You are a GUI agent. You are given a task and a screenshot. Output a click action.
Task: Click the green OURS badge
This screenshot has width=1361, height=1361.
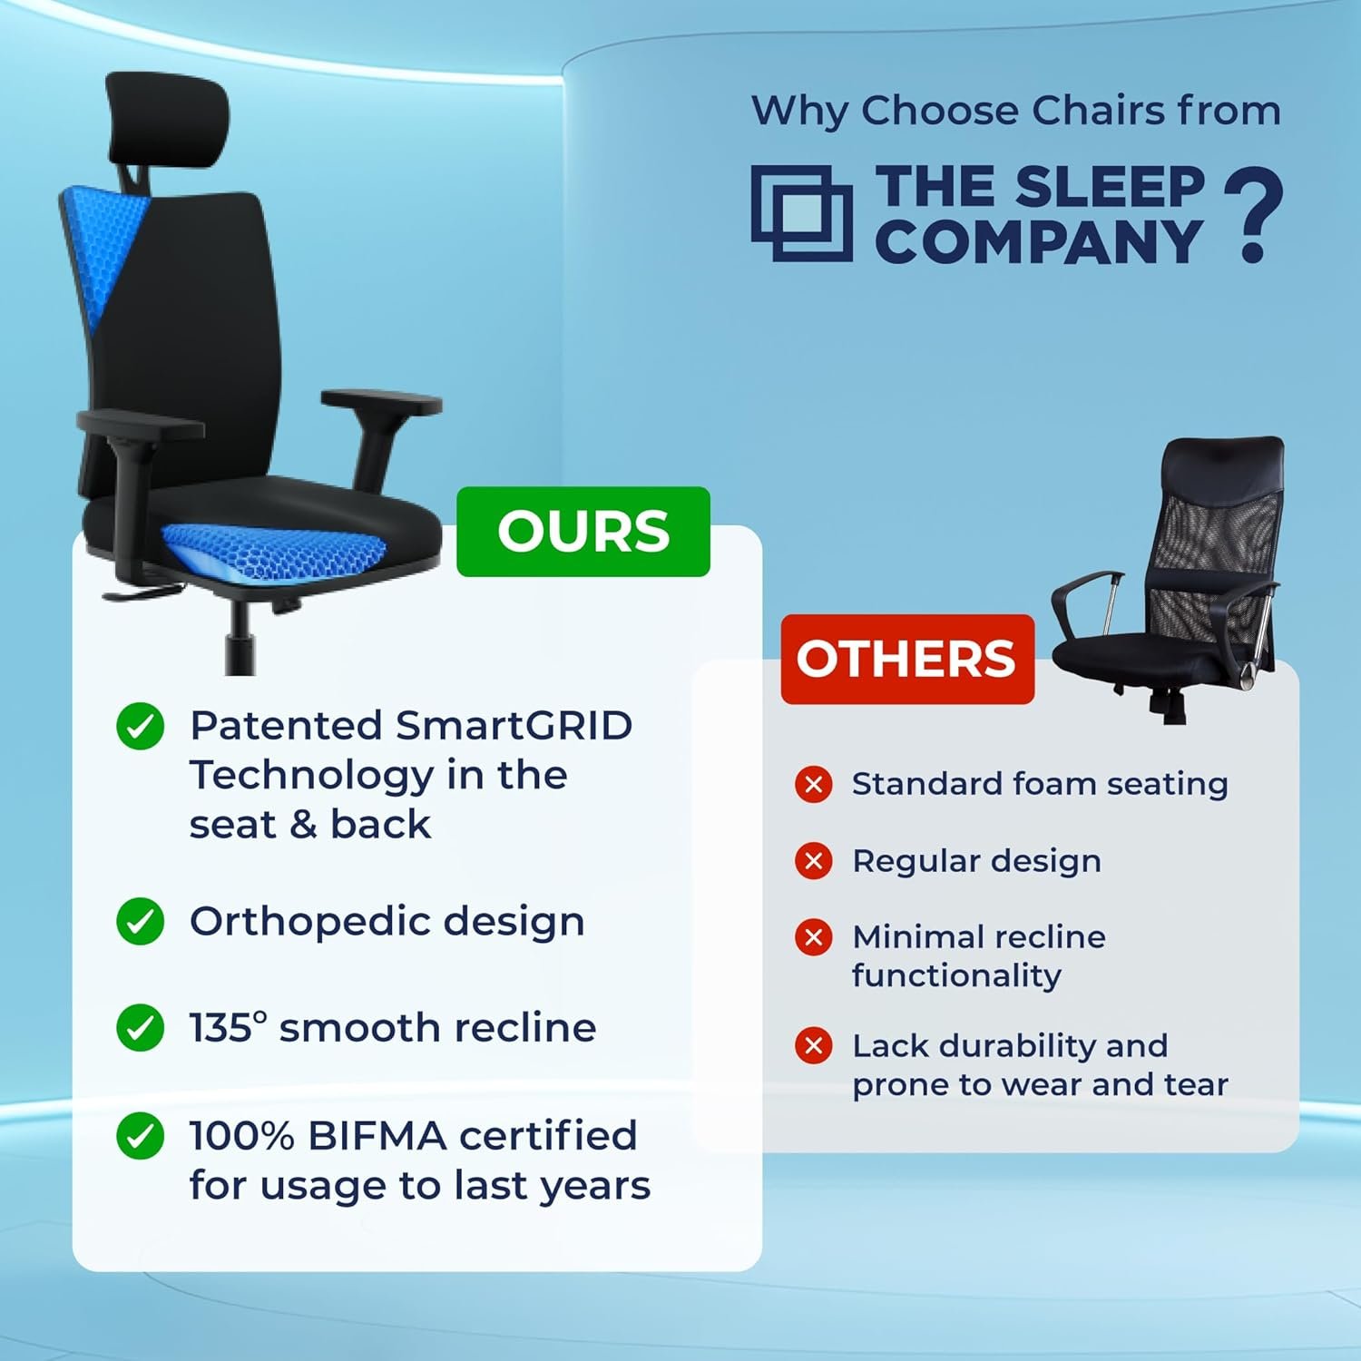(x=583, y=532)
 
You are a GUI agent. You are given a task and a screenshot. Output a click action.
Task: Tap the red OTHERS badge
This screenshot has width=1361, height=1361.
(x=907, y=659)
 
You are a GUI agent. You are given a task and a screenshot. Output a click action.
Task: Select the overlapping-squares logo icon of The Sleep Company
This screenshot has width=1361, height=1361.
(x=802, y=213)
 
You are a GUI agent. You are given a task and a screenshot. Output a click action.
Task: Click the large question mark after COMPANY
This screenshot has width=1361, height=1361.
(x=1254, y=214)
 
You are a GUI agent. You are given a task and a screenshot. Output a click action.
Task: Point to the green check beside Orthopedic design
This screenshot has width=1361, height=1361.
(x=141, y=921)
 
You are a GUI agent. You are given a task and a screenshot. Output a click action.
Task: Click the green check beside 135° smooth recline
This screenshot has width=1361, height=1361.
(x=141, y=1027)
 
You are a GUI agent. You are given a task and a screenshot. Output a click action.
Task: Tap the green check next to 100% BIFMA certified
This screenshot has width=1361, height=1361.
(x=141, y=1135)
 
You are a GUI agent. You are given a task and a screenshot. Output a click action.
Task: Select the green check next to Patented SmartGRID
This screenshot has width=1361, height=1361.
(x=141, y=726)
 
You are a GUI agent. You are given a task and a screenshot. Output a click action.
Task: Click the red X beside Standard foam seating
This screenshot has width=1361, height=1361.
(x=814, y=784)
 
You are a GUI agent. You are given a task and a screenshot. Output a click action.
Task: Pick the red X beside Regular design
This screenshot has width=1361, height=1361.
(x=814, y=860)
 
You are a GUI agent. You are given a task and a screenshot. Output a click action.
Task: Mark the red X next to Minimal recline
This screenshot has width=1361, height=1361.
(x=814, y=936)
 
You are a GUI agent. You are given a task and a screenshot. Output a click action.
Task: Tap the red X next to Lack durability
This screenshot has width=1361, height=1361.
(x=814, y=1045)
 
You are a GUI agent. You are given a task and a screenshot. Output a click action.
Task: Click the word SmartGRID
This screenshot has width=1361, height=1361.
(x=514, y=726)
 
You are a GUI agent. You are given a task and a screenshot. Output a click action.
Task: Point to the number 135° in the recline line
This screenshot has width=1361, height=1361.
(x=229, y=1027)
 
